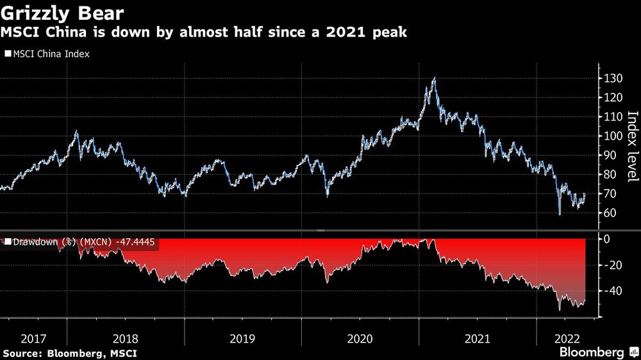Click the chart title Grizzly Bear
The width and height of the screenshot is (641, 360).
click(63, 13)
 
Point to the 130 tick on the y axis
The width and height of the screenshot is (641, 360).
click(613, 78)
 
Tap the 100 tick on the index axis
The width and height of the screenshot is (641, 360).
click(613, 136)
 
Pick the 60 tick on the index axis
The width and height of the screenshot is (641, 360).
click(610, 213)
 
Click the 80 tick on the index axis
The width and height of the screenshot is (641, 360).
click(610, 174)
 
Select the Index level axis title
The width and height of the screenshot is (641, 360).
click(632, 145)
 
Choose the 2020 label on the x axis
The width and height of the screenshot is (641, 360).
click(360, 338)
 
